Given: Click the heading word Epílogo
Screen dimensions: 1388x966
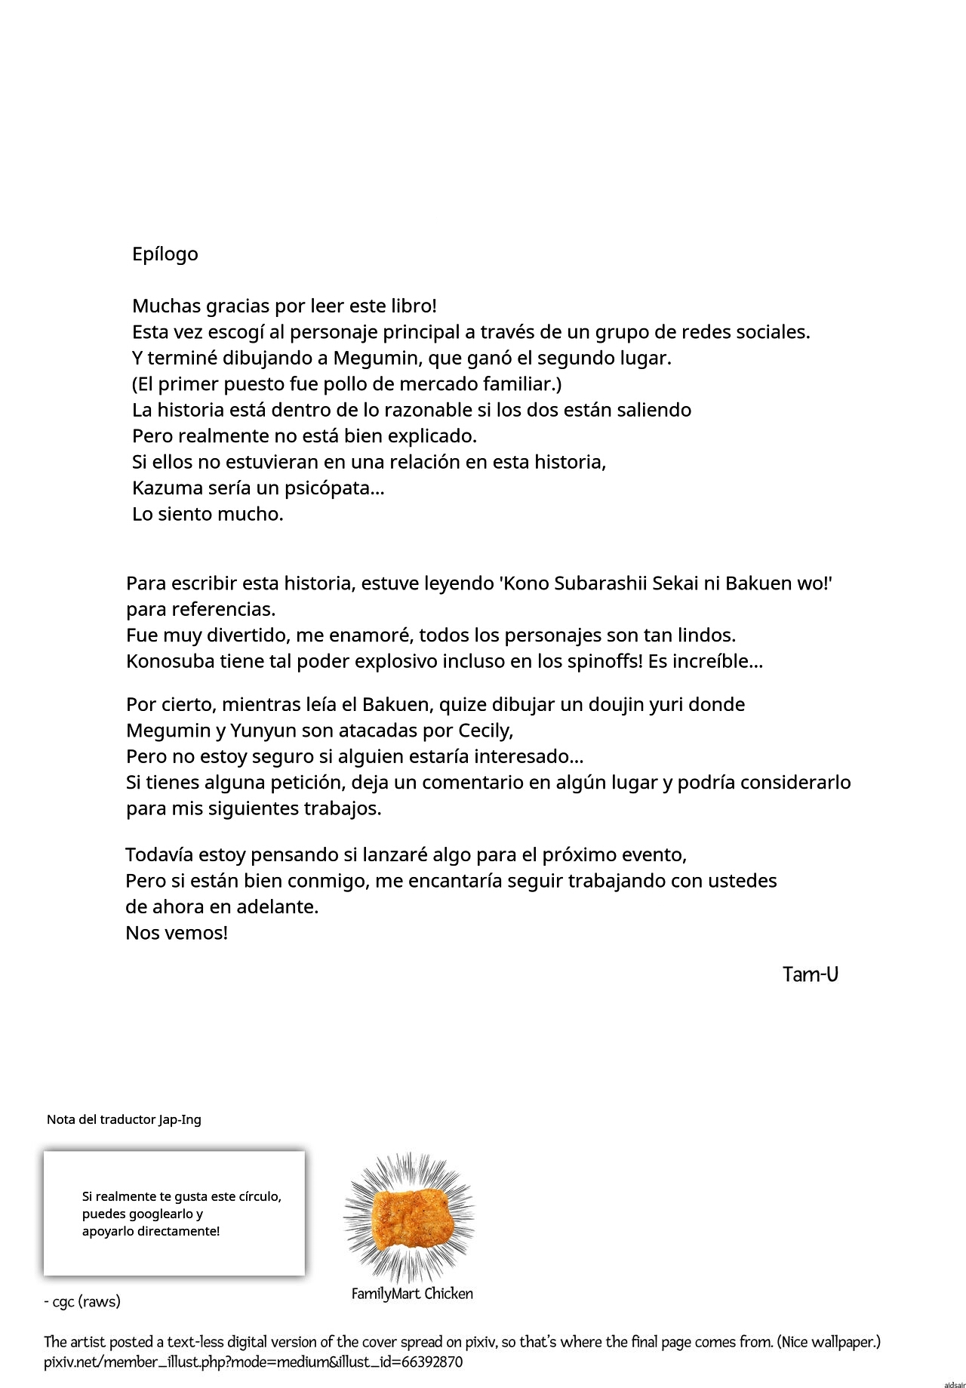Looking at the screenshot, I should pos(165,254).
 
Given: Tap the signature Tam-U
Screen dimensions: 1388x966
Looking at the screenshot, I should pos(811,974).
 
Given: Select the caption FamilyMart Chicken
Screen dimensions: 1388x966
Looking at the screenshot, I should pos(412,1294).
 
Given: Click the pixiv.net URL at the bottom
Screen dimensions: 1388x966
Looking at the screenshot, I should pos(254,1362).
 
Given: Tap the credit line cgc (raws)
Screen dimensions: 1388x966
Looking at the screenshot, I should pos(82,1301).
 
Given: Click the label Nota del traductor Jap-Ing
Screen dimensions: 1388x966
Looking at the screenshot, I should pos(124,1119).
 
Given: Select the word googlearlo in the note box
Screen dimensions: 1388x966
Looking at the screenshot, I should pos(157,1214).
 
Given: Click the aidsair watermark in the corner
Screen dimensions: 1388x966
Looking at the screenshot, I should pos(954,1381).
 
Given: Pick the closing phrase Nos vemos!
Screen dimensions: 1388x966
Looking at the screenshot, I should pos(177,933).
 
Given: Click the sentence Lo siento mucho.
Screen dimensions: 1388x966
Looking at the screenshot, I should pos(208,515).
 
